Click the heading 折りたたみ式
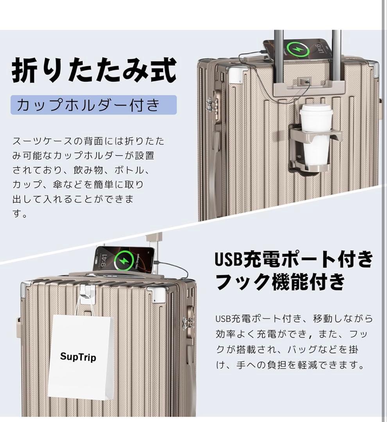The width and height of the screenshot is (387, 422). click(94, 71)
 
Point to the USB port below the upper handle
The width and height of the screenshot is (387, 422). click(304, 82)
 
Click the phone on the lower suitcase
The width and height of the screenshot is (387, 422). click(124, 259)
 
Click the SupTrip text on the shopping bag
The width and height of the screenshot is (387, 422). click(78, 357)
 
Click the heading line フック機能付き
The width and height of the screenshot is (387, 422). click(280, 281)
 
